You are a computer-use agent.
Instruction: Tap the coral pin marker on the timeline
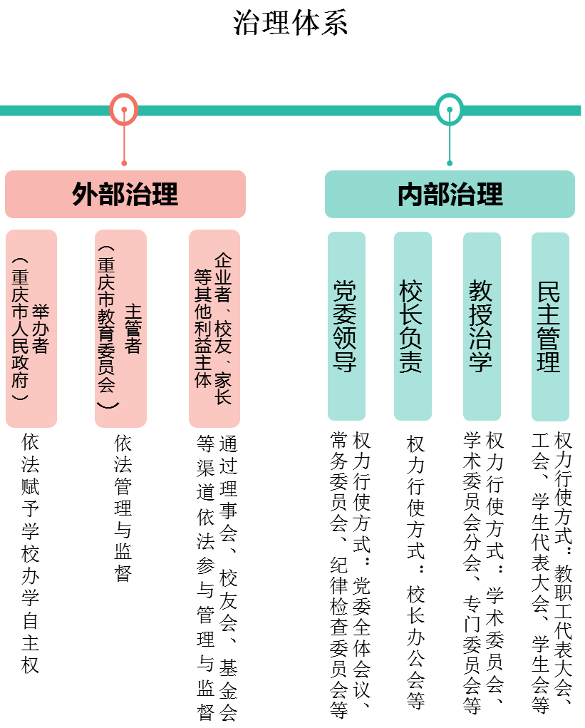point(124,110)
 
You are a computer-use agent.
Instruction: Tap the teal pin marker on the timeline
point(450,110)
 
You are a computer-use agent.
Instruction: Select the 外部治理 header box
point(125,194)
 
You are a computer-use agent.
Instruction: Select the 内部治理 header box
point(450,194)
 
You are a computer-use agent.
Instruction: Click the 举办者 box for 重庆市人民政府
point(31,329)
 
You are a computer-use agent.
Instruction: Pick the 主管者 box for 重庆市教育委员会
point(120,329)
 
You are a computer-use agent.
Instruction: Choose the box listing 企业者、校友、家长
point(214,329)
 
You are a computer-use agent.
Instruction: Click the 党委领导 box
point(346,326)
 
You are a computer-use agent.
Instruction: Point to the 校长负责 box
point(413,326)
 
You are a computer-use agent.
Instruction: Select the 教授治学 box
point(482,326)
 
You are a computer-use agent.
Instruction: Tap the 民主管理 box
point(550,327)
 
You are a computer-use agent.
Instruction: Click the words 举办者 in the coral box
point(41,329)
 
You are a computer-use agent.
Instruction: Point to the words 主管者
point(133,329)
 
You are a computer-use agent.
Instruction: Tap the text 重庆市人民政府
point(20,329)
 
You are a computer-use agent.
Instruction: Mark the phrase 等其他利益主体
point(203,329)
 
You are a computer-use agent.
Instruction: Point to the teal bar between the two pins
point(285,111)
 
